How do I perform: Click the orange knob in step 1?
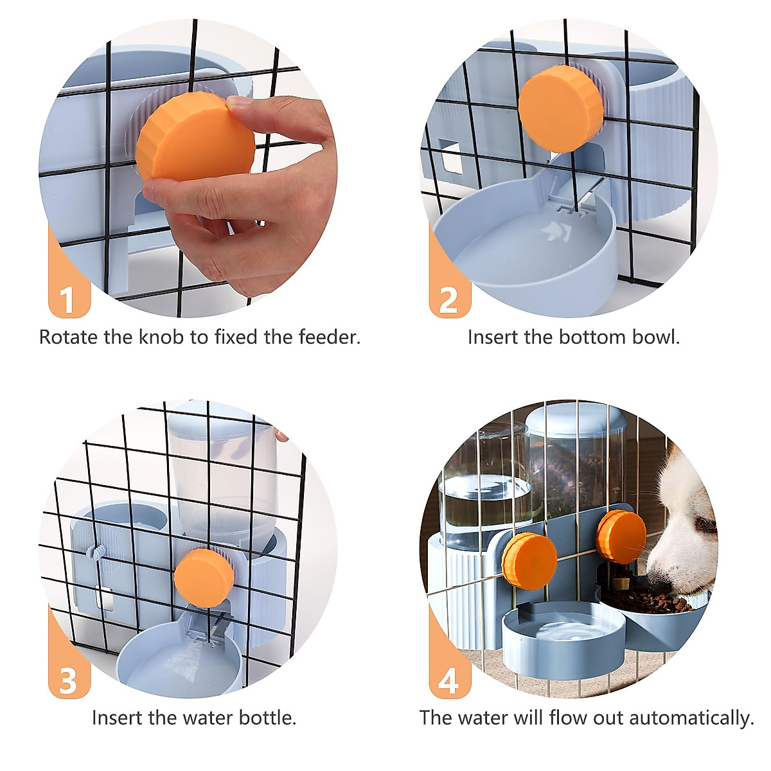195,136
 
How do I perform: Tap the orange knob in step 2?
560,109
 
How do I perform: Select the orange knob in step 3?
204,578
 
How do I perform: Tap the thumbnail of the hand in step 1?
238,103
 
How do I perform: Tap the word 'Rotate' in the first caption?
68,337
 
